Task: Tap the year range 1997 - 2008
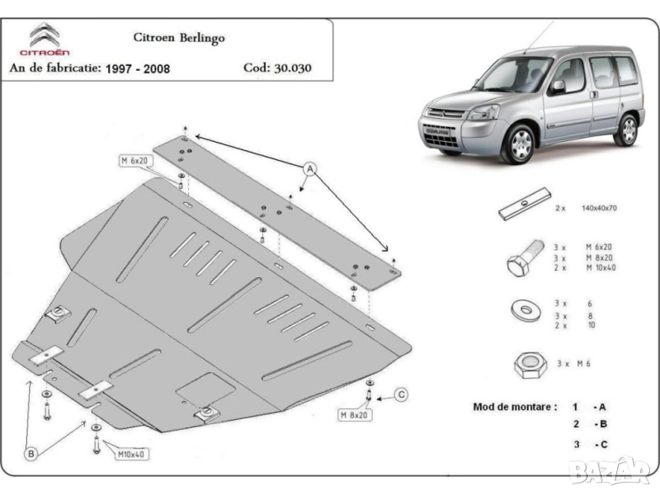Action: point(138,68)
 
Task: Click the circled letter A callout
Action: point(310,170)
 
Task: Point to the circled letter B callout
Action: point(31,452)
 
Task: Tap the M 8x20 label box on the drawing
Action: point(353,414)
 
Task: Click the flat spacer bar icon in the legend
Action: point(525,205)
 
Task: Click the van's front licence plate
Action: point(436,130)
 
